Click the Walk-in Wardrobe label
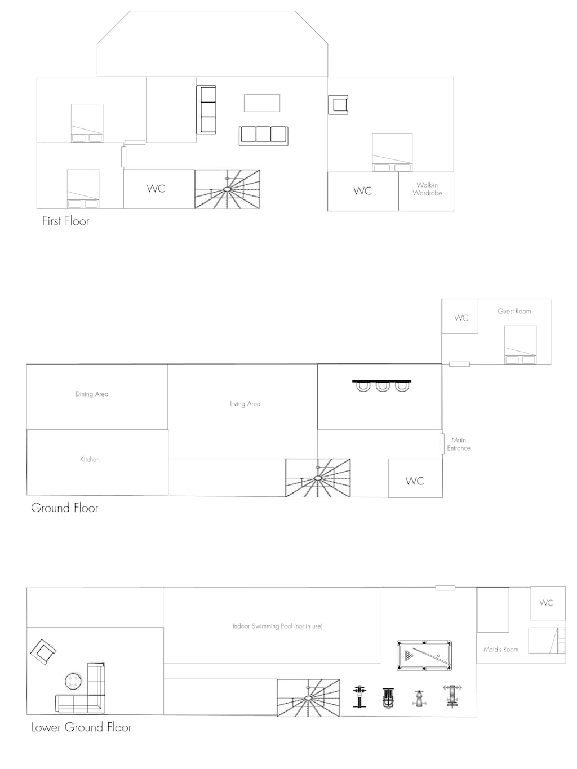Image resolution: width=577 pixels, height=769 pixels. point(427,189)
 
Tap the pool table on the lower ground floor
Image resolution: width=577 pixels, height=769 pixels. point(424,655)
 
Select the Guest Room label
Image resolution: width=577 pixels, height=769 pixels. point(514,311)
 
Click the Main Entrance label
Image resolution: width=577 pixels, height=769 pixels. point(459,444)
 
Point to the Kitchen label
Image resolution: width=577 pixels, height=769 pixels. point(90,460)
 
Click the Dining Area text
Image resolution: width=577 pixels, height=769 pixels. point(92,394)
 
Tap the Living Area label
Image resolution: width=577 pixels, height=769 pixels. point(245,404)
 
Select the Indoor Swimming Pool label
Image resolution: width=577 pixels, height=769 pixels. point(277,626)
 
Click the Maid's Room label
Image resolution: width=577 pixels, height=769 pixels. point(500,650)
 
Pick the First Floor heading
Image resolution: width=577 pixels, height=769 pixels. point(65,221)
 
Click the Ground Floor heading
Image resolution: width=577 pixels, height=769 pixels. point(64,508)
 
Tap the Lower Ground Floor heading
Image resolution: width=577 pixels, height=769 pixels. point(81,727)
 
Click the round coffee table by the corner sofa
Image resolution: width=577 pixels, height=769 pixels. point(73,682)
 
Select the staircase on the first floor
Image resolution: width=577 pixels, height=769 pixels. point(227,189)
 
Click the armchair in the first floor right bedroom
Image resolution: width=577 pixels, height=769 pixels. point(339,105)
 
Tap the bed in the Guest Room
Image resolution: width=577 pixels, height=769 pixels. point(520,345)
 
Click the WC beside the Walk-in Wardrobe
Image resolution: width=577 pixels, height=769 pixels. point(362,191)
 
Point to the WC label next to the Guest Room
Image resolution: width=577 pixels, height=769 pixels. point(461,318)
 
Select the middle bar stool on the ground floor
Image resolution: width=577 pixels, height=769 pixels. point(383,386)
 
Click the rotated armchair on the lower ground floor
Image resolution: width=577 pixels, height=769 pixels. point(43,652)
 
